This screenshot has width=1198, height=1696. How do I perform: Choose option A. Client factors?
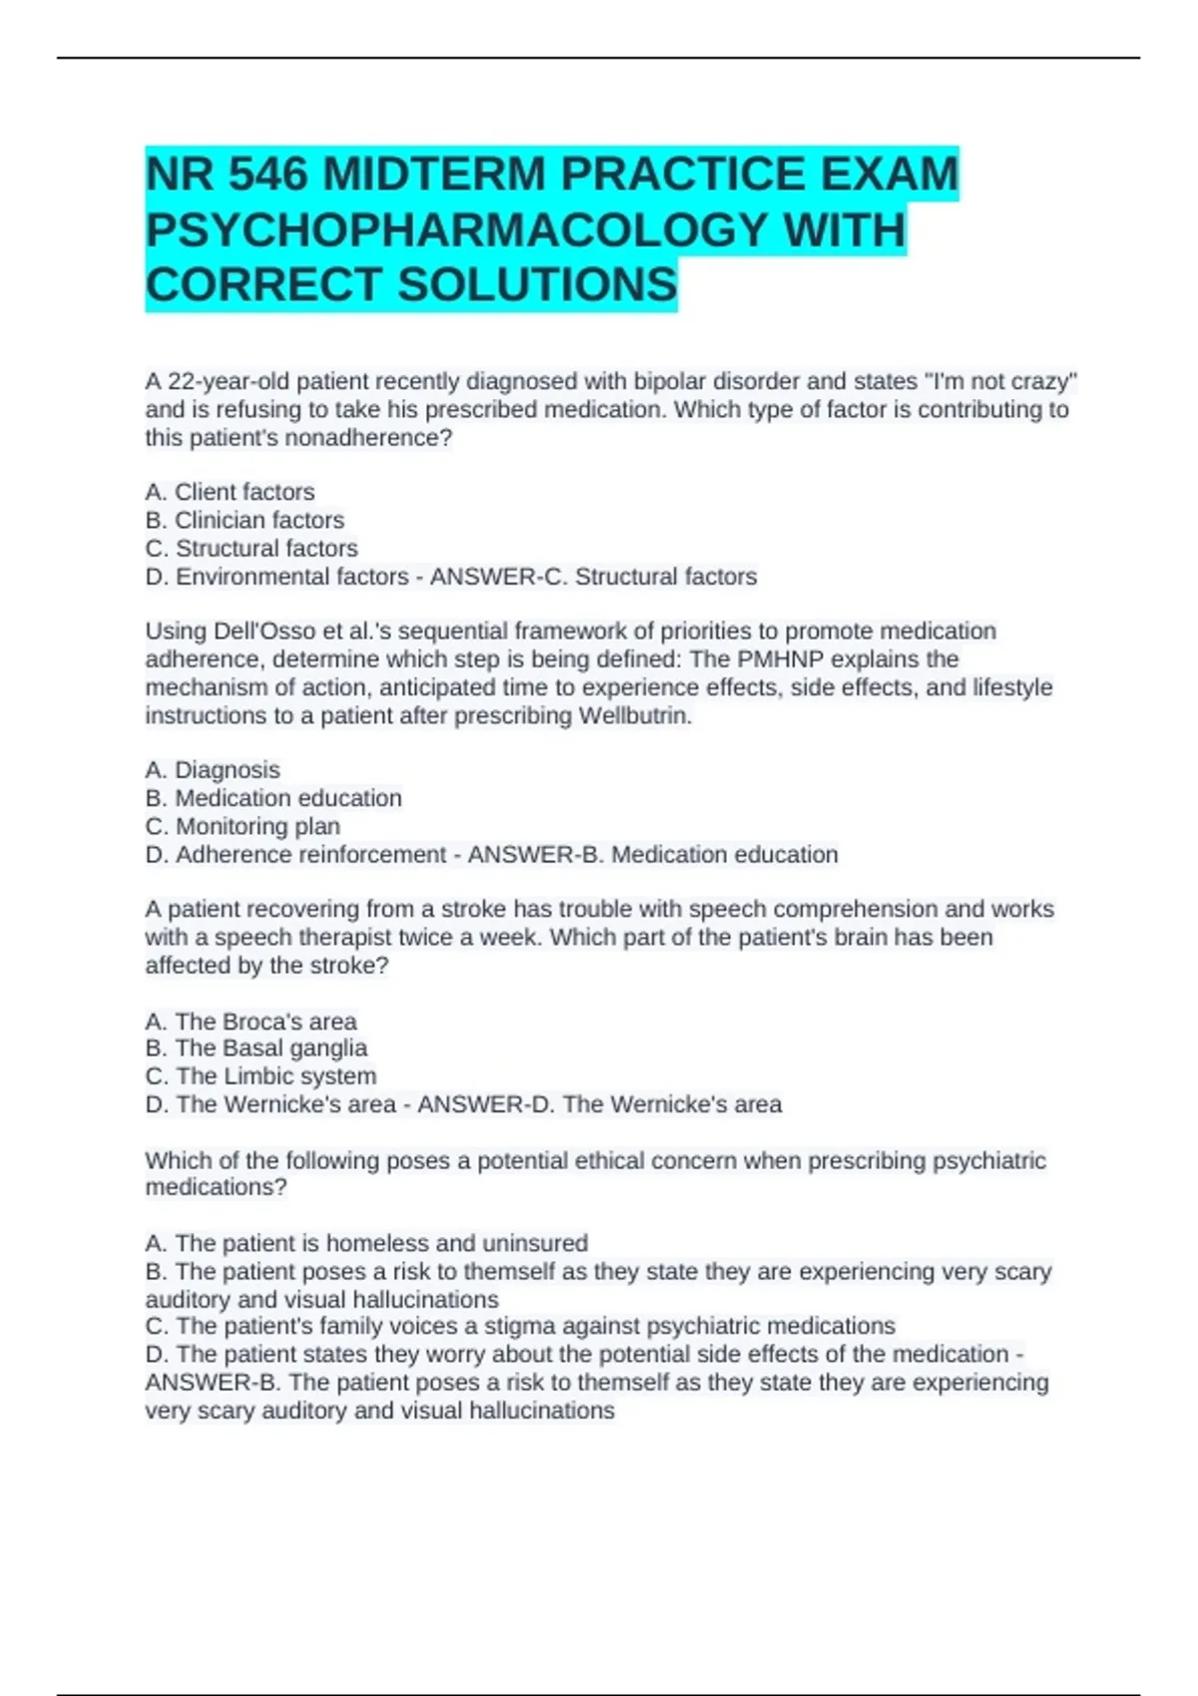pyautogui.click(x=230, y=492)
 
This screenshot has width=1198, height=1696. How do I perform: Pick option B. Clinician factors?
pyautogui.click(x=245, y=520)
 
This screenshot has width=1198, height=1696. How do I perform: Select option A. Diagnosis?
pyautogui.click(x=213, y=770)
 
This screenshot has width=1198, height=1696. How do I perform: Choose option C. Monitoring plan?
pyautogui.click(x=243, y=826)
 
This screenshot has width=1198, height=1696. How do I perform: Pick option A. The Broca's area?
pyautogui.click(x=251, y=1021)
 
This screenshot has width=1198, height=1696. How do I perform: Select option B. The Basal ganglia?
pyautogui.click(x=256, y=1048)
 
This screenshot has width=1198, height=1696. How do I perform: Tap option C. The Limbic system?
pyautogui.click(x=261, y=1075)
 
